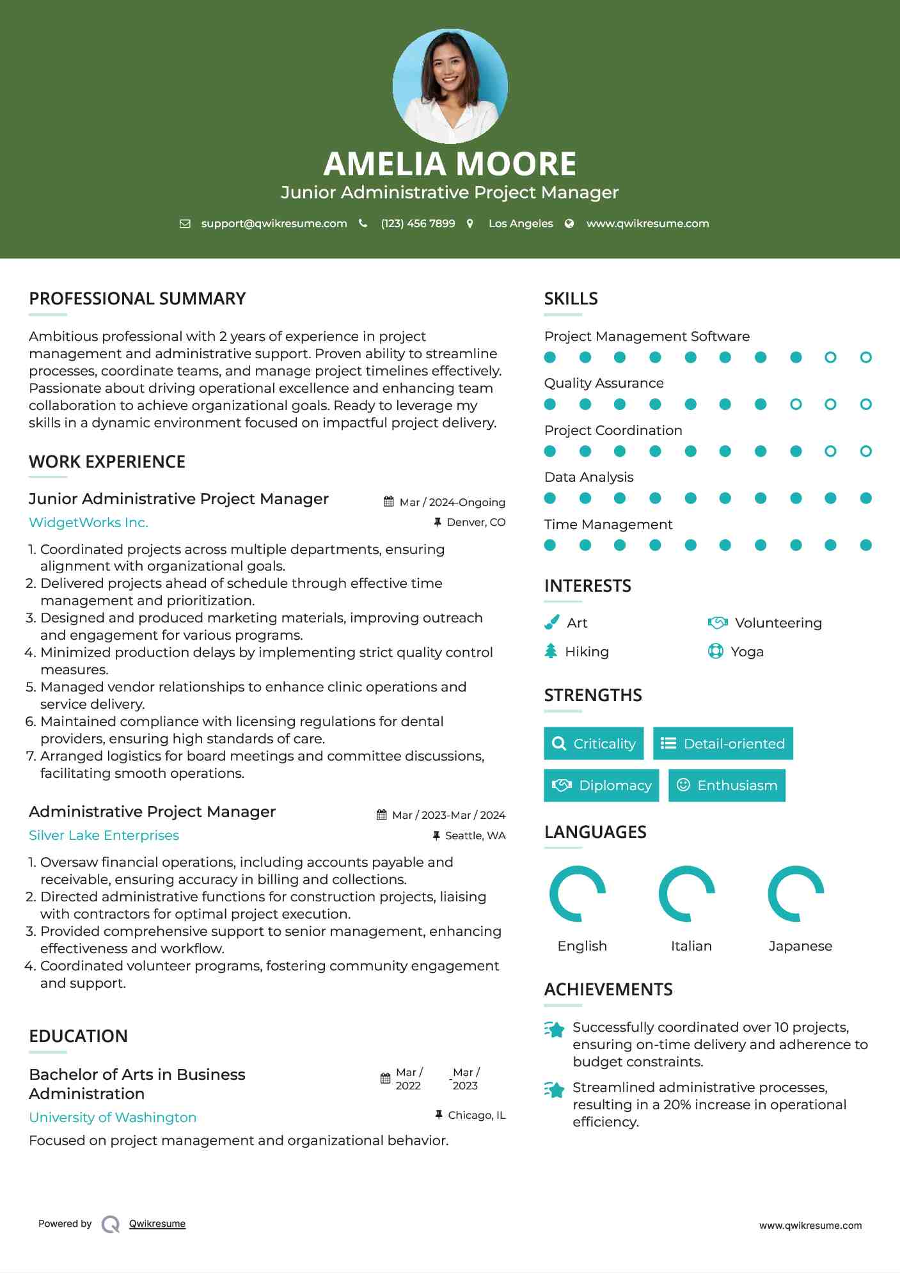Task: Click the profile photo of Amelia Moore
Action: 450,86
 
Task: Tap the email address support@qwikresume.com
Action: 274,223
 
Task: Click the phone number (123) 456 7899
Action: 418,223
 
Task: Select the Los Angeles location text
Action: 521,223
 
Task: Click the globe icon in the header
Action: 569,223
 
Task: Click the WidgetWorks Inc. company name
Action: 88,523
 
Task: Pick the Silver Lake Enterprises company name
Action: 104,835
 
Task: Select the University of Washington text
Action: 113,1118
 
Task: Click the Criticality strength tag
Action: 594,743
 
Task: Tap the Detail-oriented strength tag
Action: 723,743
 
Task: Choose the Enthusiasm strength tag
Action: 727,786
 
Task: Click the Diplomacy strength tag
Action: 601,786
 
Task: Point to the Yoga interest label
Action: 747,652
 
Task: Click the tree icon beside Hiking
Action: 551,651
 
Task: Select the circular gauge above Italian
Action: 687,894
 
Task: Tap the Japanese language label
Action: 800,946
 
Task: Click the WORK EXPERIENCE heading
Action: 107,462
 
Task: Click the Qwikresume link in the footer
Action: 157,1224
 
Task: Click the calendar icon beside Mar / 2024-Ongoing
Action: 388,502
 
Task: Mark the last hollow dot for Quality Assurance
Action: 865,404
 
